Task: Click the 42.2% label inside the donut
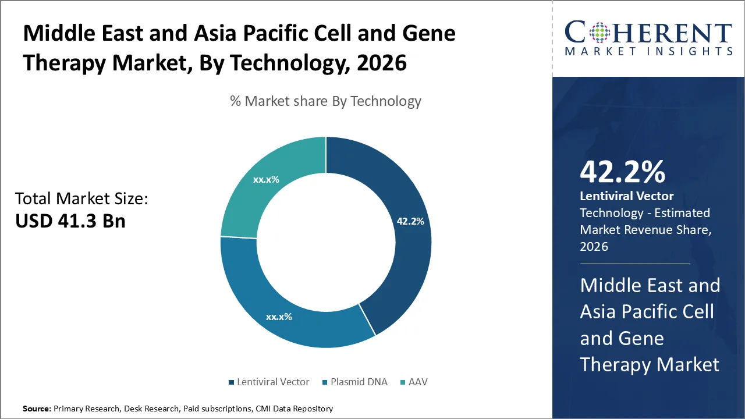(x=410, y=221)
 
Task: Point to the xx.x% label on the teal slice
(x=266, y=179)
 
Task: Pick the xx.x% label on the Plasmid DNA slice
(x=279, y=317)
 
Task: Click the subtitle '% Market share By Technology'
(x=325, y=101)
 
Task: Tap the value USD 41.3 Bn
(x=70, y=221)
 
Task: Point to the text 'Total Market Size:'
(x=81, y=199)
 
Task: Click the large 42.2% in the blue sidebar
(x=622, y=172)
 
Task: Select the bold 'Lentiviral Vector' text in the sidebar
(x=626, y=197)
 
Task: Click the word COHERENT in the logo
(x=648, y=33)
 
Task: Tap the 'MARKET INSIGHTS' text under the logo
(x=648, y=52)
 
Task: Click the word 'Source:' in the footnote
(x=37, y=409)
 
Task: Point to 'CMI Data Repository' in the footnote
(x=294, y=409)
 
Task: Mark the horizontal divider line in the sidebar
(x=635, y=264)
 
